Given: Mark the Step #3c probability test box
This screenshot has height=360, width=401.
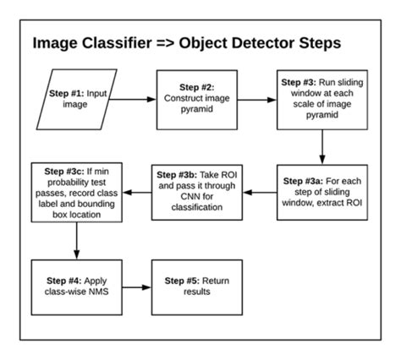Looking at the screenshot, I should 77,191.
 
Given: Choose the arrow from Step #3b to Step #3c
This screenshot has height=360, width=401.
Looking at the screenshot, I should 137,191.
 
